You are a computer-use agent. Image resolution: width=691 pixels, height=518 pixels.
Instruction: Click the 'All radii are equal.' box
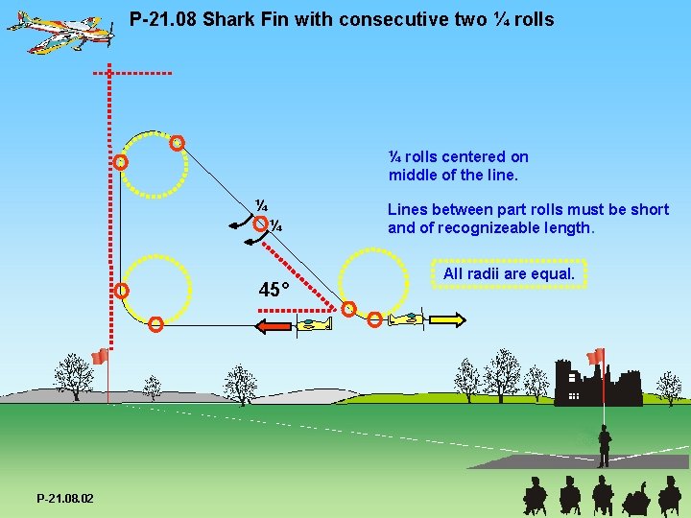tap(509, 274)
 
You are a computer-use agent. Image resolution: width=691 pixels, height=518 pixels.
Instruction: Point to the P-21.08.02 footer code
tap(65, 499)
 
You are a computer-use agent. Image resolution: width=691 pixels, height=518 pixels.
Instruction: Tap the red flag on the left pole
tap(99, 357)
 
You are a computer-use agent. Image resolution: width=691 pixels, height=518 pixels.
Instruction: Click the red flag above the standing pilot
tap(596, 356)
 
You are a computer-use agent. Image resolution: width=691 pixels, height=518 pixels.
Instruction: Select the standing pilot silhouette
tap(604, 446)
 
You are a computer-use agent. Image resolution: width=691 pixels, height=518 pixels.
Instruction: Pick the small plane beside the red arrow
tap(314, 326)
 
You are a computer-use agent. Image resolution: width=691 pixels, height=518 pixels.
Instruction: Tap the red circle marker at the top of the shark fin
tap(177, 143)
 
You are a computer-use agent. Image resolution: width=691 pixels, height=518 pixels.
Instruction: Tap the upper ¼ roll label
tap(261, 206)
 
